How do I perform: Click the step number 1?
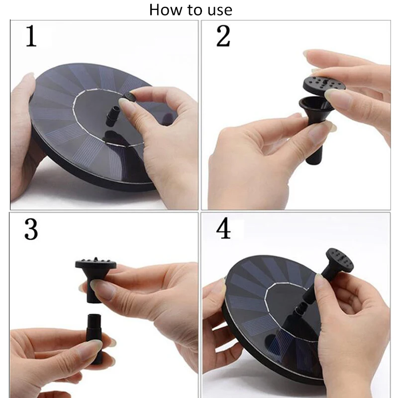coord(31,36)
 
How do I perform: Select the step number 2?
coord(223,36)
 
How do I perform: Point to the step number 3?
coord(31,229)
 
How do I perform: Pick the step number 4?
coord(223,229)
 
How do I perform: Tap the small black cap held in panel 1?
coord(129,97)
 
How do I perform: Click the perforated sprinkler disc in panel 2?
coord(324,84)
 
